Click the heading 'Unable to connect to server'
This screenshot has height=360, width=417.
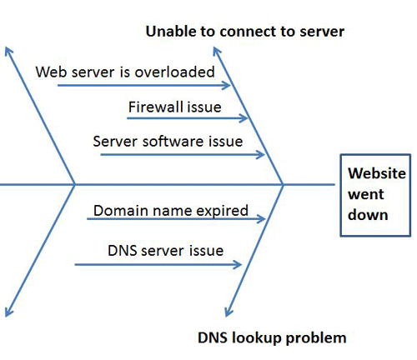(245, 31)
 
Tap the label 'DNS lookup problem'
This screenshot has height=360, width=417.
(272, 338)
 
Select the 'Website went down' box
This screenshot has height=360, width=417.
(375, 195)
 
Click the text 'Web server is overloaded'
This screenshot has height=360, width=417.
(125, 72)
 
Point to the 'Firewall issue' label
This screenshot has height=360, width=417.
(175, 107)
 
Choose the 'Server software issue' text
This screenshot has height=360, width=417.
(168, 141)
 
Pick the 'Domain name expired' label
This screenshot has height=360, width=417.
(171, 210)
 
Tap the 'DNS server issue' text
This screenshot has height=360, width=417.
(165, 251)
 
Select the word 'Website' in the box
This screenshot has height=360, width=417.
(377, 173)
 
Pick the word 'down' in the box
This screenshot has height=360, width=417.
(368, 215)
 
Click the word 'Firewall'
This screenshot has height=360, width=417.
(153, 107)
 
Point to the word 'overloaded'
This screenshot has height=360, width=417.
(174, 72)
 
